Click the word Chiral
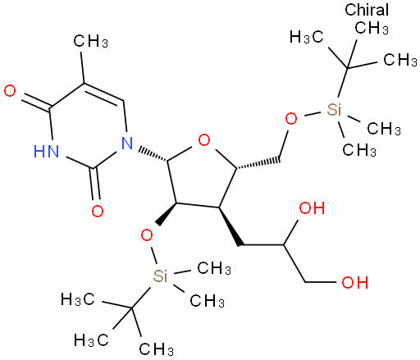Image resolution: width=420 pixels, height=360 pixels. (367, 10)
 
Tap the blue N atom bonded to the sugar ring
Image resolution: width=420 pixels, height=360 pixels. (127, 143)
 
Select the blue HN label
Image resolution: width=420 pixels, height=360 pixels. (46, 151)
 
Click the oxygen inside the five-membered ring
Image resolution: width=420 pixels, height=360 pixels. (204, 140)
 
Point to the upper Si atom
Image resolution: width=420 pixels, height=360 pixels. (334, 110)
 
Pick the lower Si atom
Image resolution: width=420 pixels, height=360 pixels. (160, 276)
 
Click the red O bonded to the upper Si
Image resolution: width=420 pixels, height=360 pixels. (291, 119)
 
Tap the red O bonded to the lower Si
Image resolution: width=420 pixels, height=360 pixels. (147, 235)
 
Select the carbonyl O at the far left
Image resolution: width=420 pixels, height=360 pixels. (10, 91)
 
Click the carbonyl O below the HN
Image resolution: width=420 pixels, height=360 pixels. (98, 211)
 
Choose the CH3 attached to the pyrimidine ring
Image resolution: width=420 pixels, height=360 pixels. (91, 41)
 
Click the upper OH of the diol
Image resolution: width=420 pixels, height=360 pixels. (312, 207)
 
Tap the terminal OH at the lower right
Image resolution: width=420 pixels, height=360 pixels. (354, 282)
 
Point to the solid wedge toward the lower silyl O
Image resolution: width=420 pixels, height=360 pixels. (167, 214)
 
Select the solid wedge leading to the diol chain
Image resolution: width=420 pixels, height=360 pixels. (230, 226)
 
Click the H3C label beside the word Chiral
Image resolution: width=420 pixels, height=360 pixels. (307, 37)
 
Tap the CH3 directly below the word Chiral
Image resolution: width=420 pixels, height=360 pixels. (372, 27)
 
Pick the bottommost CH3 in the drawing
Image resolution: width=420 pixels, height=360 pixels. (156, 349)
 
